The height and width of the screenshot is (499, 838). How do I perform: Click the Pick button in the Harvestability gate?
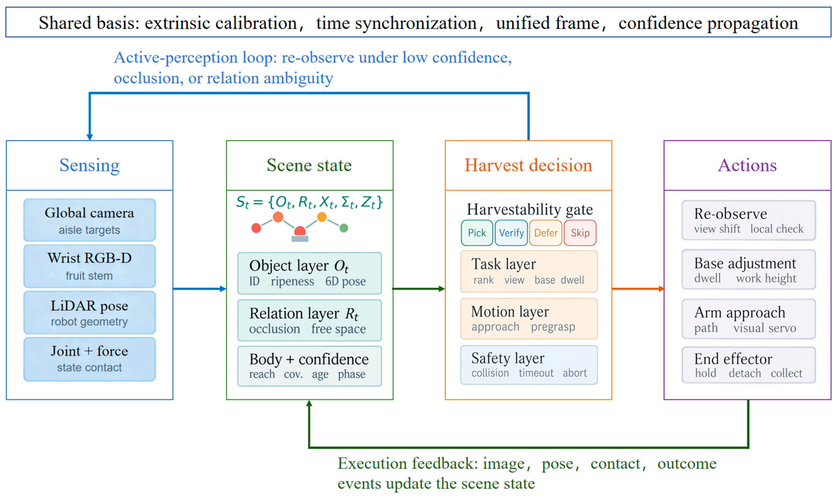coord(477,233)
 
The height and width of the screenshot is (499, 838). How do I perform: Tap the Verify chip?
coord(511,233)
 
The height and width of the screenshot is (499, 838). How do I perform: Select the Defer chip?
coord(546,233)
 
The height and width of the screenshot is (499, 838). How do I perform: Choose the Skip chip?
coord(580,233)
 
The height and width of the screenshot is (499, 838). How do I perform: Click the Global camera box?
coord(89,220)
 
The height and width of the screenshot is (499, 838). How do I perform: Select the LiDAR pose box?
coord(89,313)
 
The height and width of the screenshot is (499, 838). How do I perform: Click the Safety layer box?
coord(529,365)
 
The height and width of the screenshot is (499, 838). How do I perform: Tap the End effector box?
coord(749,365)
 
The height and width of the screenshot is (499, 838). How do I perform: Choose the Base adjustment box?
coord(749,270)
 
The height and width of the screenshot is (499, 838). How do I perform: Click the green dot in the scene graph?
coord(344,228)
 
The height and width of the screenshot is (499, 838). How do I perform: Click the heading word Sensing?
coord(89,165)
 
